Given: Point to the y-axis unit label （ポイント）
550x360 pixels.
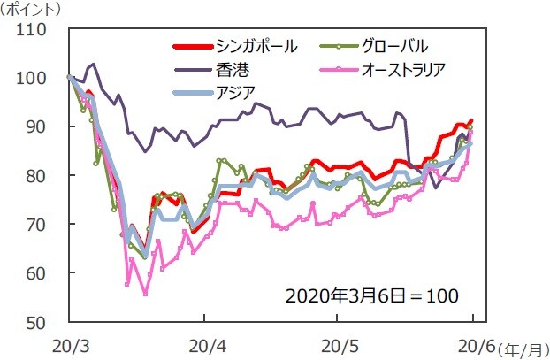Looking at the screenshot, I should pyautogui.click(x=34, y=11).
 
